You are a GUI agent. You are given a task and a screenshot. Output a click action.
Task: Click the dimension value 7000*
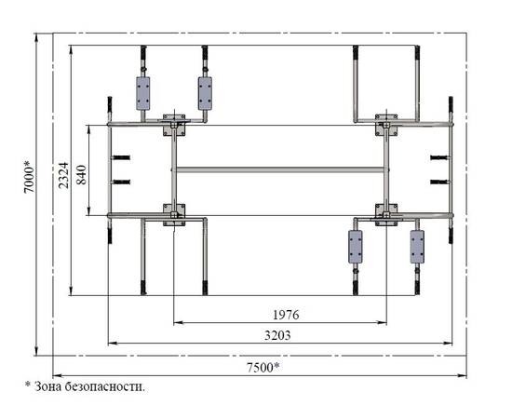29,176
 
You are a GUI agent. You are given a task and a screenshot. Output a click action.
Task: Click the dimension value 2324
63,175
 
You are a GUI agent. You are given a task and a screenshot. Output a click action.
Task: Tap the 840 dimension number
81,175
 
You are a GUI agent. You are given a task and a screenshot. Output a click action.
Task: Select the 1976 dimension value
286,315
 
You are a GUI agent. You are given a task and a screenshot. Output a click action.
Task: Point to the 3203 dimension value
277,335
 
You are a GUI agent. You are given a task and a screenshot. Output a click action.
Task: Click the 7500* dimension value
263,368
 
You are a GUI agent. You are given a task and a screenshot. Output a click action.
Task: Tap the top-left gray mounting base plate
174,125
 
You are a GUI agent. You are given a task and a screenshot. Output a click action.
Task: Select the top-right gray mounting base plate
386,125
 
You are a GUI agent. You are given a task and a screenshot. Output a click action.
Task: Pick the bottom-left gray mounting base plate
174,215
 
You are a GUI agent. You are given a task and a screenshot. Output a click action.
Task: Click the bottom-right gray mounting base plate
386,215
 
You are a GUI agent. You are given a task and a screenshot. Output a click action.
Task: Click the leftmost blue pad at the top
143,93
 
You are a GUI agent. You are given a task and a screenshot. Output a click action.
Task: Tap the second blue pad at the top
205,93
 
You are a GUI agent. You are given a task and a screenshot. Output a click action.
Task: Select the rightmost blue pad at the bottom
417,247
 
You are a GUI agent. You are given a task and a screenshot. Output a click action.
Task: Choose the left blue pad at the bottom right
356,247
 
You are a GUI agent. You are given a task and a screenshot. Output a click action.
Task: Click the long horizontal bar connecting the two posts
280,169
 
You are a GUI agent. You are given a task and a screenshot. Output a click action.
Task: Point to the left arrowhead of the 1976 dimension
177,323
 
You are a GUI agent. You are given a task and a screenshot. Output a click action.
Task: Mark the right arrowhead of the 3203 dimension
449,344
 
